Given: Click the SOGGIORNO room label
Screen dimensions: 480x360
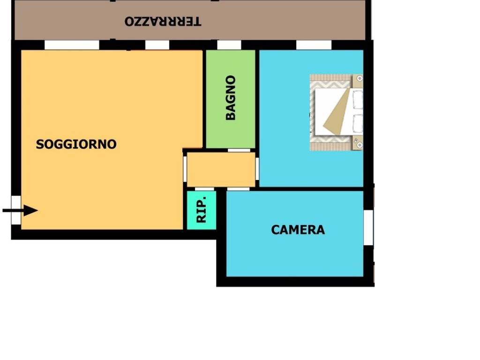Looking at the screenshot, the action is pos(76,144).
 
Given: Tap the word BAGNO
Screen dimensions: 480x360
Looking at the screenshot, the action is pos(231,97).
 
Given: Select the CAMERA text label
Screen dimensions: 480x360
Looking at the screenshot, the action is pos(298,230).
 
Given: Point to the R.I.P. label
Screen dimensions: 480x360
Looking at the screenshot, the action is pos(202,210).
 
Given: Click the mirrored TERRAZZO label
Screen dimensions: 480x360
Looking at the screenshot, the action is pos(163,22).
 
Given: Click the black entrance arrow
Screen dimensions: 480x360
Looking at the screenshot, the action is pos(20,210).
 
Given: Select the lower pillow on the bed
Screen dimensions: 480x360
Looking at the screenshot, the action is pos(357,124).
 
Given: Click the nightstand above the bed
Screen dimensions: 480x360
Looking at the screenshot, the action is pos(358,81).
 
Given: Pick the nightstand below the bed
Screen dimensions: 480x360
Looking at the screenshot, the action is pos(358,143).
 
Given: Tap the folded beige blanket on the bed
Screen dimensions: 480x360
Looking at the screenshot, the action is pos(336,112).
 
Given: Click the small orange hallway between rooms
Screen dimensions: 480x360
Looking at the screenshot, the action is pos(221,169).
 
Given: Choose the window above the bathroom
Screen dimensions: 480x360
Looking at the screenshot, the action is pos(229,45).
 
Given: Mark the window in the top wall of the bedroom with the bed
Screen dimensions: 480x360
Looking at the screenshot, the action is pos(314,45).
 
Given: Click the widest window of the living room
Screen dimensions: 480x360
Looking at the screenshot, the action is pos(72,45).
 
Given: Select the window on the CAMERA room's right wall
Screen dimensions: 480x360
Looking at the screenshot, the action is pos(368,227).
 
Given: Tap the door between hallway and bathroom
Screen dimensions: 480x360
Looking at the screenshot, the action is pos(239,150).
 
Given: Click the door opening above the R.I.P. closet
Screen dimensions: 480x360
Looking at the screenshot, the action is pos(204,189).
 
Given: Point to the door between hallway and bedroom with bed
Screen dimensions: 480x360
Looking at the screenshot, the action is pos(257,169).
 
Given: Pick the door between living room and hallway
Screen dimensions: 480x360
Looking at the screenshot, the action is pos(185,169).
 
